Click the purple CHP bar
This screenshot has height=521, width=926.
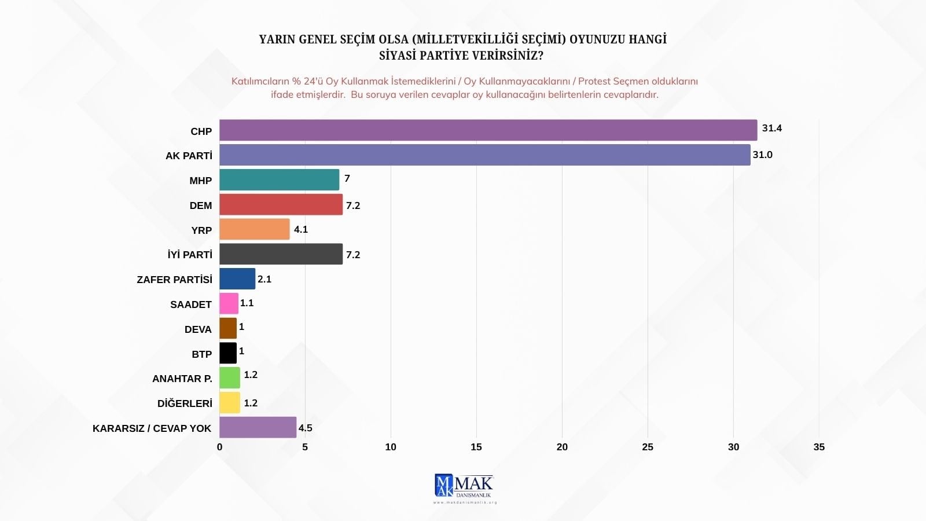click(488, 130)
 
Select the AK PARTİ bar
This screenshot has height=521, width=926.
click(484, 155)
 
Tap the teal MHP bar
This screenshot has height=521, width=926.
click(279, 180)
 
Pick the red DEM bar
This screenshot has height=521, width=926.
click(281, 205)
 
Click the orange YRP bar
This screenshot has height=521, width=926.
click(254, 229)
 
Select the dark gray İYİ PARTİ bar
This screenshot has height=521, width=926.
click(281, 254)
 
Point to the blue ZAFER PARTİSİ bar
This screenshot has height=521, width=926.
click(237, 279)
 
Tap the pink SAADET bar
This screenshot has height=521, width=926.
click(229, 303)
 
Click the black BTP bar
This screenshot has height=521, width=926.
click(228, 353)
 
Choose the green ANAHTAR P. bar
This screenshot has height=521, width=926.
click(230, 378)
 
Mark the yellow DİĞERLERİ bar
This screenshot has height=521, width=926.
click(230, 403)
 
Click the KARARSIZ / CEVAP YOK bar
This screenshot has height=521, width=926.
click(258, 427)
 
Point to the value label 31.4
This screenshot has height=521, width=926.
click(771, 128)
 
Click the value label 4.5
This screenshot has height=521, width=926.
click(305, 428)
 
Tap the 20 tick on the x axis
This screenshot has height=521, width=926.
click(562, 447)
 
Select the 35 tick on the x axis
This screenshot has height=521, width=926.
click(819, 447)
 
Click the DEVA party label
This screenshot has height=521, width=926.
click(198, 329)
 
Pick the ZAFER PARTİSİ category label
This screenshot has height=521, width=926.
click(174, 280)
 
